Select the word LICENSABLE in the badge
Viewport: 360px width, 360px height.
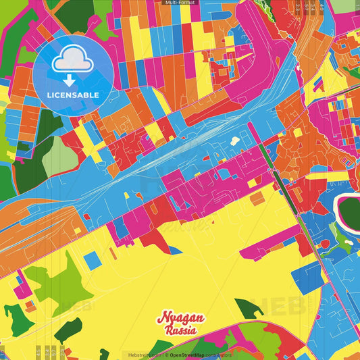[73, 95]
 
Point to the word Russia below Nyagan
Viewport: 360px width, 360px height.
[180, 331]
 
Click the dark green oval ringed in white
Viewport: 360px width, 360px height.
[350, 211]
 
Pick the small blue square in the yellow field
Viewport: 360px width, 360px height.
[94, 261]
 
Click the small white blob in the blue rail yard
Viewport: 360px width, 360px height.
[235, 141]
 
